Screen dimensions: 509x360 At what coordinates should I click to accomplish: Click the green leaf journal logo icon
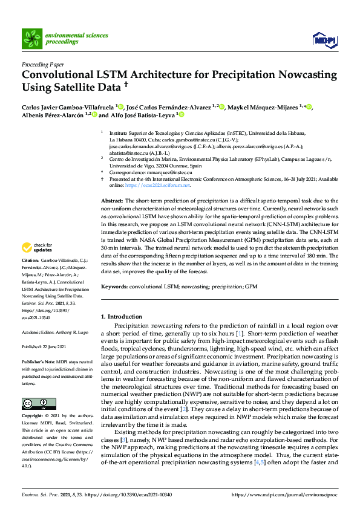click(x=31, y=39)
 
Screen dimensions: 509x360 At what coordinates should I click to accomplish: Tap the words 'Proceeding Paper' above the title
click(x=43, y=64)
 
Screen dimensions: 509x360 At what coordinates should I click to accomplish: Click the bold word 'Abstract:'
click(x=111, y=200)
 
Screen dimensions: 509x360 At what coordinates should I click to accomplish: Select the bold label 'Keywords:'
click(x=114, y=285)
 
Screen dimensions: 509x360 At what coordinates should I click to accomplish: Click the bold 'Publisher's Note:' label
click(x=38, y=361)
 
